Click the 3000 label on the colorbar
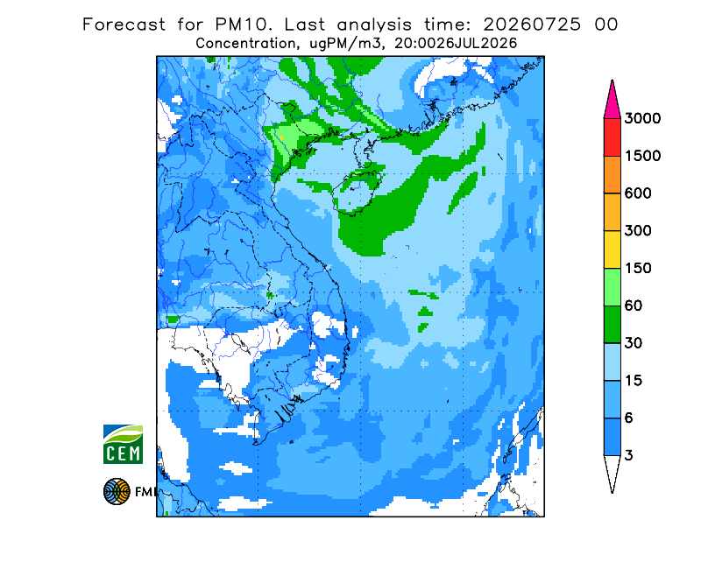tap(642, 118)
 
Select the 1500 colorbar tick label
tap(642, 156)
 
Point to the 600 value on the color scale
tap(638, 193)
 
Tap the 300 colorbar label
tap(638, 231)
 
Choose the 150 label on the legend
tap(638, 269)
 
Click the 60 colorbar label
tap(634, 306)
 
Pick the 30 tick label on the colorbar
tap(634, 343)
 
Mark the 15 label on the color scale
tap(634, 381)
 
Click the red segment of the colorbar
tap(612, 137)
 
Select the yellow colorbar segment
tap(612, 249)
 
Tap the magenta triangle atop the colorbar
tap(612, 102)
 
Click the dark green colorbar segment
tap(612, 325)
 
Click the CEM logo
tap(123, 444)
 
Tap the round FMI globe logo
tap(117, 491)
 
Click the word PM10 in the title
tap(244, 25)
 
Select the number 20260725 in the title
tap(532, 25)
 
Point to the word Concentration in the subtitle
tap(245, 44)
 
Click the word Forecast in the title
tap(124, 25)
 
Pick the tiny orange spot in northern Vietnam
tap(281, 137)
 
